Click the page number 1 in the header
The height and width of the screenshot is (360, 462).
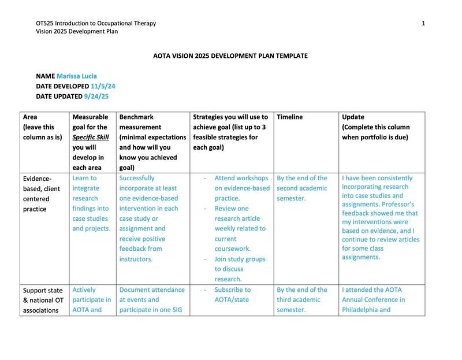point(423,23)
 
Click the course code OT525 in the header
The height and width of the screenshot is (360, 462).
point(45,23)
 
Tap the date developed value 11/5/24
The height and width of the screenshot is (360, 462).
point(104,86)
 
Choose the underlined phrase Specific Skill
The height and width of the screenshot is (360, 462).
point(92,137)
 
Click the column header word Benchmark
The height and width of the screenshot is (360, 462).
point(136,117)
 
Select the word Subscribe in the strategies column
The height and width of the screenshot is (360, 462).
point(232,290)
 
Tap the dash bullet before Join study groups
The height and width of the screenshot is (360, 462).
point(206,258)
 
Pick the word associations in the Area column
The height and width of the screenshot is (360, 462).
point(43,310)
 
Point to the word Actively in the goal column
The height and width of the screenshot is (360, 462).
point(84,290)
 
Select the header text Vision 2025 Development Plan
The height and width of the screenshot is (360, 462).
point(77,32)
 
